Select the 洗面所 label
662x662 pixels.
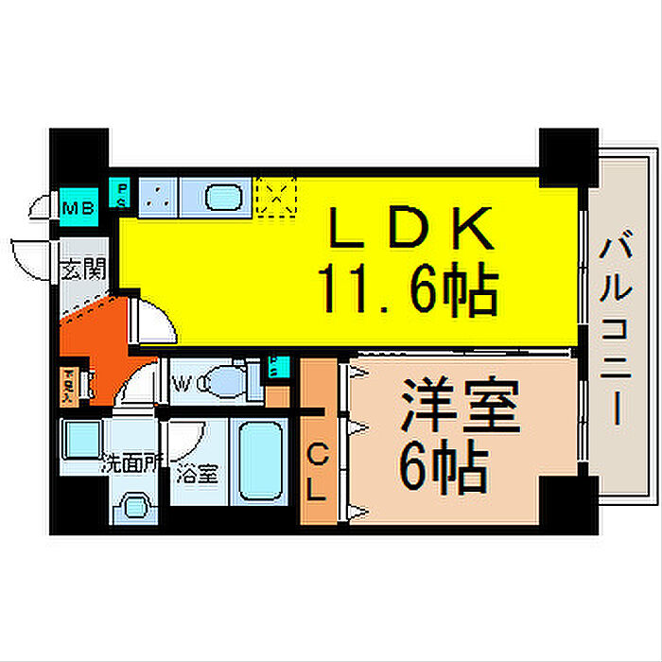click(x=132, y=463)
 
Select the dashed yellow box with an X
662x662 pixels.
click(x=276, y=197)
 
